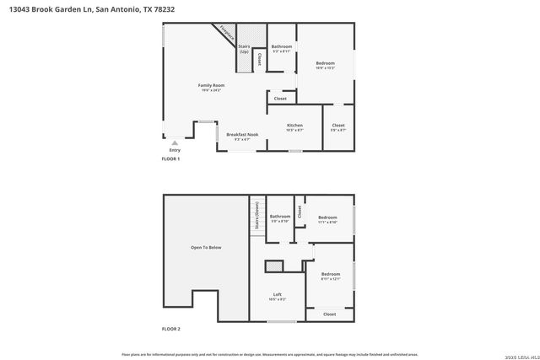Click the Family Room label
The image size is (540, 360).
pyautogui.click(x=210, y=86)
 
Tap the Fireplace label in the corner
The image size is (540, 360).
pyautogui.click(x=224, y=33)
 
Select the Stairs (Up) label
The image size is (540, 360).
pyautogui.click(x=244, y=49)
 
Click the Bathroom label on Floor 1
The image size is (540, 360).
pyautogui.click(x=281, y=46)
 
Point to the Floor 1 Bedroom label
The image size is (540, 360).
pyautogui.click(x=325, y=63)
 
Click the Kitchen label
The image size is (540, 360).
pyautogui.click(x=294, y=126)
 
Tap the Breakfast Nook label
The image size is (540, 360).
pyautogui.click(x=241, y=135)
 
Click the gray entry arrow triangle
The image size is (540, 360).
pyautogui.click(x=175, y=142)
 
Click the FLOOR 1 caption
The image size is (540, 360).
pyautogui.click(x=171, y=159)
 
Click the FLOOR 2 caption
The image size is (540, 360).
pyautogui.click(x=171, y=329)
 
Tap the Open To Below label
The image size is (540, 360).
pyautogui.click(x=206, y=248)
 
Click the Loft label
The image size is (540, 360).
pyautogui.click(x=277, y=293)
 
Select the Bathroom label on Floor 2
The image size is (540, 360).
pyautogui.click(x=279, y=216)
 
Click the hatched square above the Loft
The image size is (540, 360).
pyautogui.click(x=273, y=266)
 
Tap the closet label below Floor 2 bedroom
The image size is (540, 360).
pyautogui.click(x=329, y=314)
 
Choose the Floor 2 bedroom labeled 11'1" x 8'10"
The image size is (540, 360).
pyautogui.click(x=327, y=218)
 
